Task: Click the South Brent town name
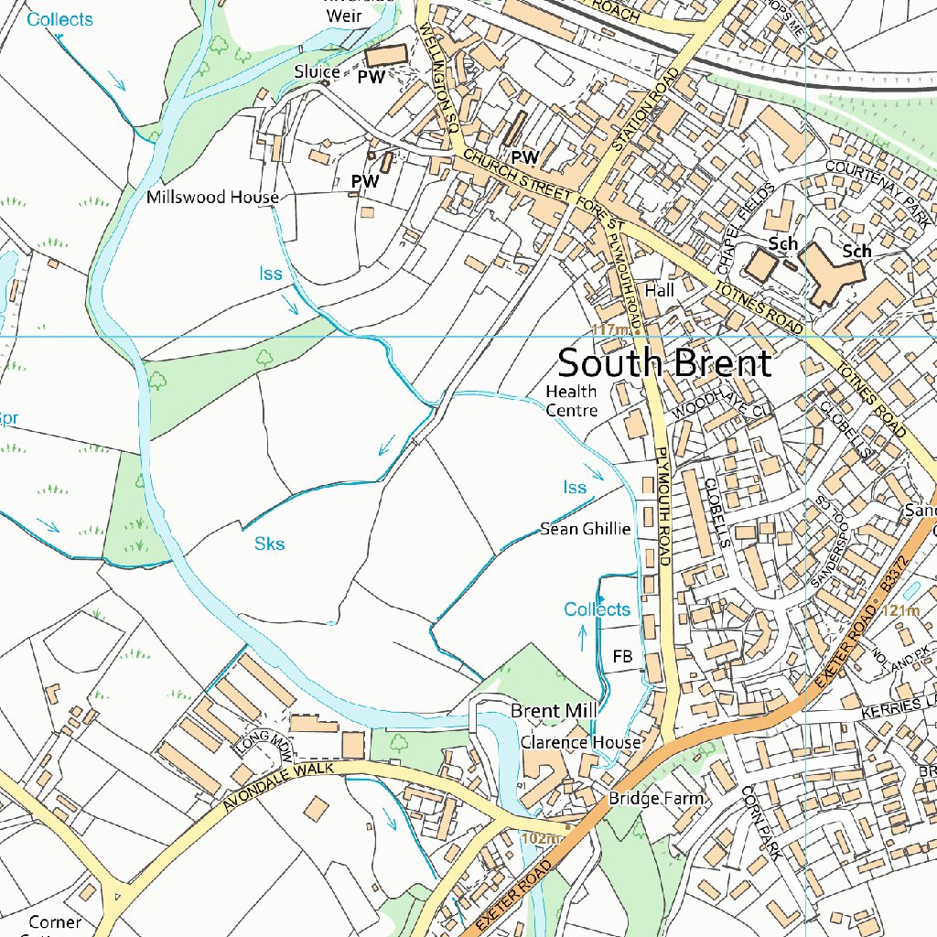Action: (x=664, y=363)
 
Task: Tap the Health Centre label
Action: (x=571, y=401)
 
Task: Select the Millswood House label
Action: (x=212, y=197)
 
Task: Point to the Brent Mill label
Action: (x=554, y=711)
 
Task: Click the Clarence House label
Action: (x=580, y=741)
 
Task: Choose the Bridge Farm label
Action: (x=657, y=799)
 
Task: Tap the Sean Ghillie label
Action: (x=586, y=528)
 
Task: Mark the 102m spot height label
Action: (x=540, y=838)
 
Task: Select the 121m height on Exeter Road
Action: (x=900, y=611)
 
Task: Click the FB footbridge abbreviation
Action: (x=623, y=657)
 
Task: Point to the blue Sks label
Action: (x=269, y=544)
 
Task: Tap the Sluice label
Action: (x=318, y=71)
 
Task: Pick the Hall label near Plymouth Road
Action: (x=659, y=289)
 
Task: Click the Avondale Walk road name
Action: (x=279, y=786)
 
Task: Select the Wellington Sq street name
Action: (x=438, y=77)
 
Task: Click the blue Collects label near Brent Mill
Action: (x=597, y=609)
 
